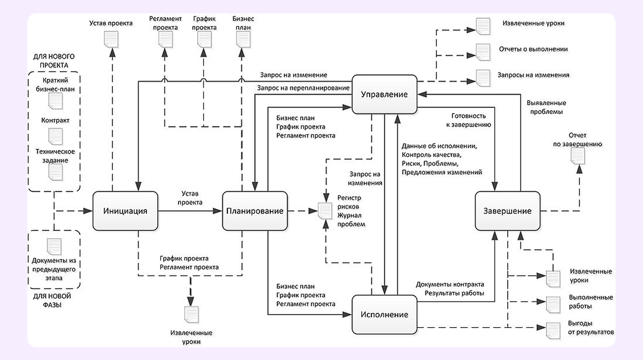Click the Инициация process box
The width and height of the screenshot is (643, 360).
[x=125, y=211]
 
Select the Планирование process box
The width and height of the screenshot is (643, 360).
[x=255, y=211]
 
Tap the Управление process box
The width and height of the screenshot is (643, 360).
[x=384, y=94]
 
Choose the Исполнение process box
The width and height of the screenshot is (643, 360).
[x=384, y=315]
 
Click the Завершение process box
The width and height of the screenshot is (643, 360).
[x=508, y=211]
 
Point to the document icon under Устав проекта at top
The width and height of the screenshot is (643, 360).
[x=111, y=38]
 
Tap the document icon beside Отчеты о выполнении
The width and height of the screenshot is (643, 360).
[x=482, y=52]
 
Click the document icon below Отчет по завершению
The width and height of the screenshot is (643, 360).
[x=577, y=156]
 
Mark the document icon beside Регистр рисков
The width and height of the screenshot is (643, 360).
[x=325, y=211]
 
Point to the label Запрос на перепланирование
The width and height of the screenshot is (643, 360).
[x=303, y=87]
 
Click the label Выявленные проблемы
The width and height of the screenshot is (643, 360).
[x=546, y=107]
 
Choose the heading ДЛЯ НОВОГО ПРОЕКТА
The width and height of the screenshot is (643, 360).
[x=54, y=61]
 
